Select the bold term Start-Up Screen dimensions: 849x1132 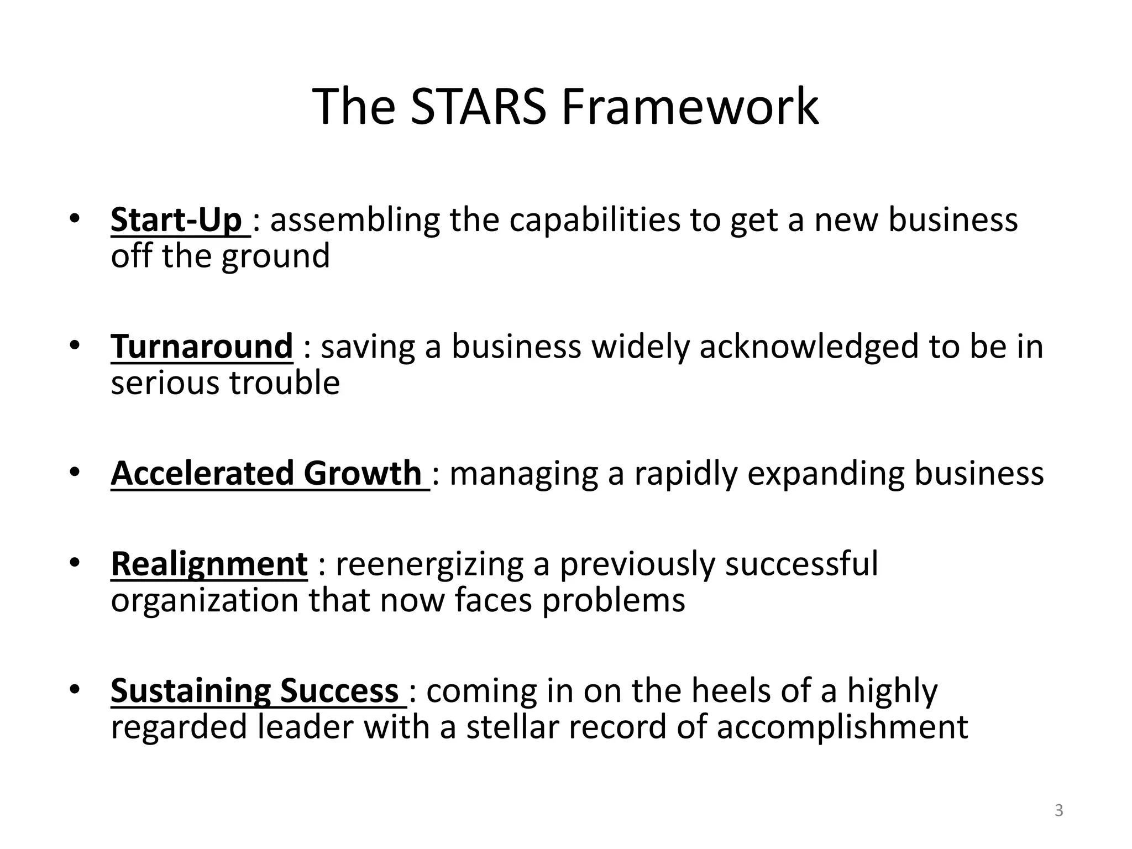[176, 220]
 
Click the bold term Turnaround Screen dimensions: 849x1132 [202, 347]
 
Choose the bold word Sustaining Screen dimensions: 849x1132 [191, 691]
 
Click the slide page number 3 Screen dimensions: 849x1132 [1058, 811]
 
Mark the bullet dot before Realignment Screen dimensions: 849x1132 [75, 563]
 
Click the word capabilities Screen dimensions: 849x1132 [594, 220]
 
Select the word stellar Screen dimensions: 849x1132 [512, 727]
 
